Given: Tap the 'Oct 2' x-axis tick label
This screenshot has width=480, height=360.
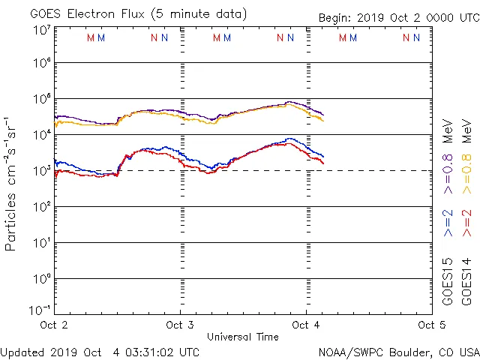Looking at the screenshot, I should (54, 325).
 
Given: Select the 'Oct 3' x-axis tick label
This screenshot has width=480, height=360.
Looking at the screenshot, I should (180, 325).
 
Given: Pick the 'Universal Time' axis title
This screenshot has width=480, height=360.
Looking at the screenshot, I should (243, 337).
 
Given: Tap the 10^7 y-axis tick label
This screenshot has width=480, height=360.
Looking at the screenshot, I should (41, 30).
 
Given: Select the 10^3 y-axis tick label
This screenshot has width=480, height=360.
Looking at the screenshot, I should (41, 169).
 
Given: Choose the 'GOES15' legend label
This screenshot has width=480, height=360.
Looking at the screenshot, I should (448, 282).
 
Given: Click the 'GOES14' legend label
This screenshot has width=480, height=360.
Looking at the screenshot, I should (466, 282).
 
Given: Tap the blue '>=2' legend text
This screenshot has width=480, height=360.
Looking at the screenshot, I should (448, 223).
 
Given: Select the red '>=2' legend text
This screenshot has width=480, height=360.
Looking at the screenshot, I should (466, 223).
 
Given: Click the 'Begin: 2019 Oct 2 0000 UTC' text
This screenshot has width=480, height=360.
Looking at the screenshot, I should (398, 17).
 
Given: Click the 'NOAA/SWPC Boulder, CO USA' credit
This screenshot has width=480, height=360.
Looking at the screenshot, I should (398, 352).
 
